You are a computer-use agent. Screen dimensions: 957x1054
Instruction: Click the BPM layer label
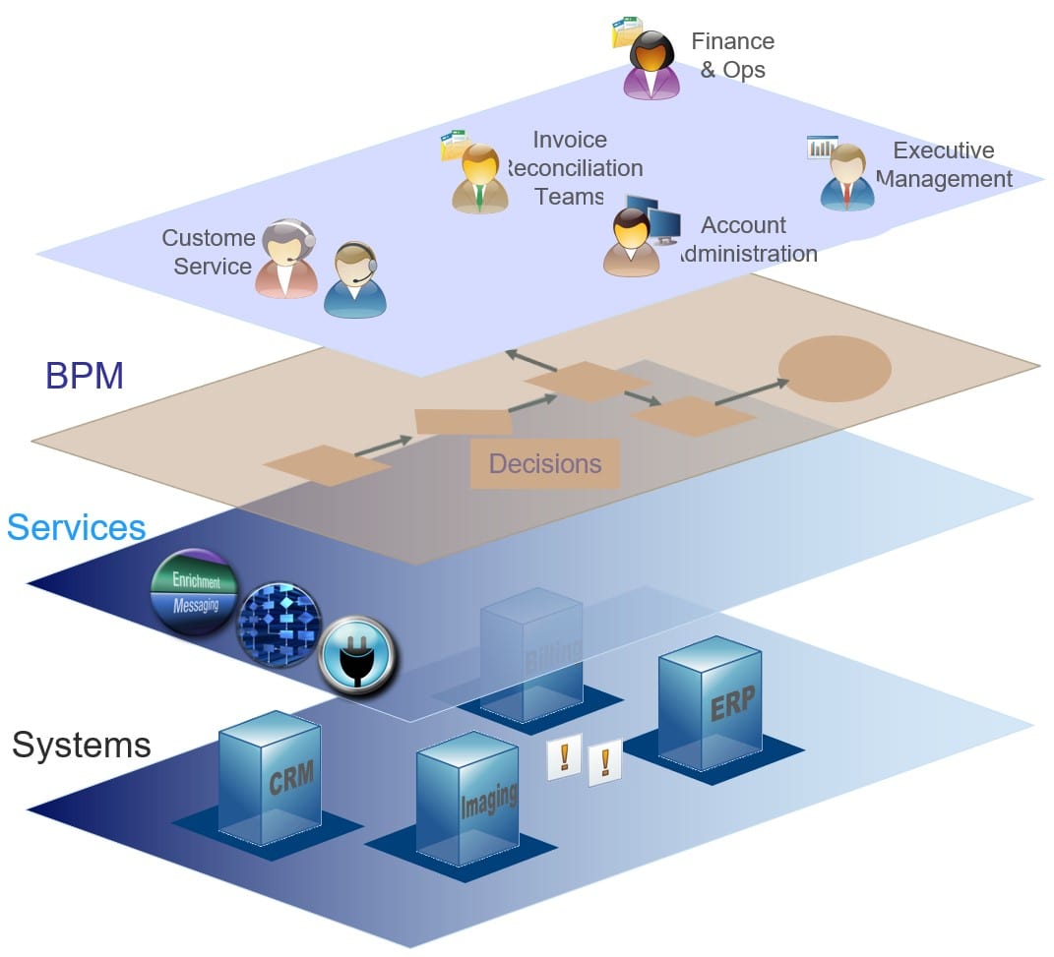(x=84, y=376)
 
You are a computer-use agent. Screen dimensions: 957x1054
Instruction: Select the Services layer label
(x=76, y=527)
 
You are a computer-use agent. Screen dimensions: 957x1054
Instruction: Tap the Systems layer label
(x=81, y=745)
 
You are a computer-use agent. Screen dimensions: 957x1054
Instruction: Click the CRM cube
(x=270, y=778)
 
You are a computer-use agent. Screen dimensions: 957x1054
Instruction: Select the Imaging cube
(x=467, y=798)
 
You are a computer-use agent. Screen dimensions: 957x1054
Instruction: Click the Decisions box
(x=544, y=463)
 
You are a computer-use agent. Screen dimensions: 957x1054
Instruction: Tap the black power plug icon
(x=357, y=654)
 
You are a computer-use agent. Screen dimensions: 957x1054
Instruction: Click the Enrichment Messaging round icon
(x=194, y=592)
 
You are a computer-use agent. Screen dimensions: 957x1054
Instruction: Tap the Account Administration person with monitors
(x=632, y=242)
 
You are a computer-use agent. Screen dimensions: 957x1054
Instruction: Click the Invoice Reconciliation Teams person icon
(x=479, y=178)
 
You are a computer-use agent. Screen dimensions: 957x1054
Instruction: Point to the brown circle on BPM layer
(x=835, y=368)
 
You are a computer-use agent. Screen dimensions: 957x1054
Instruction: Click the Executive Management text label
(x=943, y=164)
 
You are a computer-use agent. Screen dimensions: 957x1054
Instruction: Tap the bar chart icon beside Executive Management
(x=821, y=147)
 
